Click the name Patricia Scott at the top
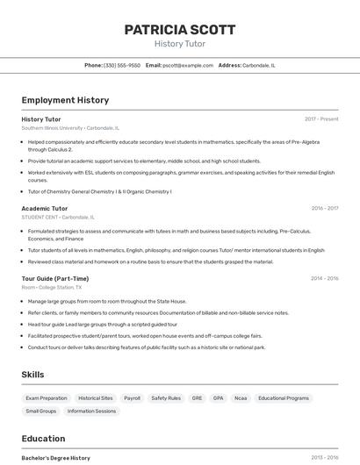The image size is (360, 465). pyautogui.click(x=179, y=30)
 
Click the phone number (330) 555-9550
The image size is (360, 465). pyautogui.click(x=122, y=65)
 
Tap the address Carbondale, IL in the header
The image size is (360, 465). pyautogui.click(x=258, y=65)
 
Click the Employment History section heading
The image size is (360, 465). pyautogui.click(x=65, y=100)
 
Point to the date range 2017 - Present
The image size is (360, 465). pyautogui.click(x=321, y=118)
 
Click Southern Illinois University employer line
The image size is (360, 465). pyautogui.click(x=70, y=127)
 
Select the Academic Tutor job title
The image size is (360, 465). pyautogui.click(x=44, y=209)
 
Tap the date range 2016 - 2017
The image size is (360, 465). pyautogui.click(x=324, y=209)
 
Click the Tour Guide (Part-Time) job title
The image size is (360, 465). pyautogui.click(x=54, y=278)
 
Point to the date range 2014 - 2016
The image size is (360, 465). pyautogui.click(x=324, y=278)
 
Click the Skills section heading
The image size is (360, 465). pyautogui.click(x=32, y=375)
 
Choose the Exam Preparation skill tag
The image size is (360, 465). pyautogui.click(x=47, y=397)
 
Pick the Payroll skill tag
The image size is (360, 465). pyautogui.click(x=132, y=397)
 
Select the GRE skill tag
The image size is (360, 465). pyautogui.click(x=197, y=397)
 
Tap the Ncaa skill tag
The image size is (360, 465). pyautogui.click(x=241, y=397)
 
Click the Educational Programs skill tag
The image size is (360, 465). pyautogui.click(x=284, y=397)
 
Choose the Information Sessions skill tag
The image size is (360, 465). pyautogui.click(x=91, y=411)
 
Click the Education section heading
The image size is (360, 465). pyautogui.click(x=43, y=439)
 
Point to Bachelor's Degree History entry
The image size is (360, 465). pyautogui.click(x=55, y=458)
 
